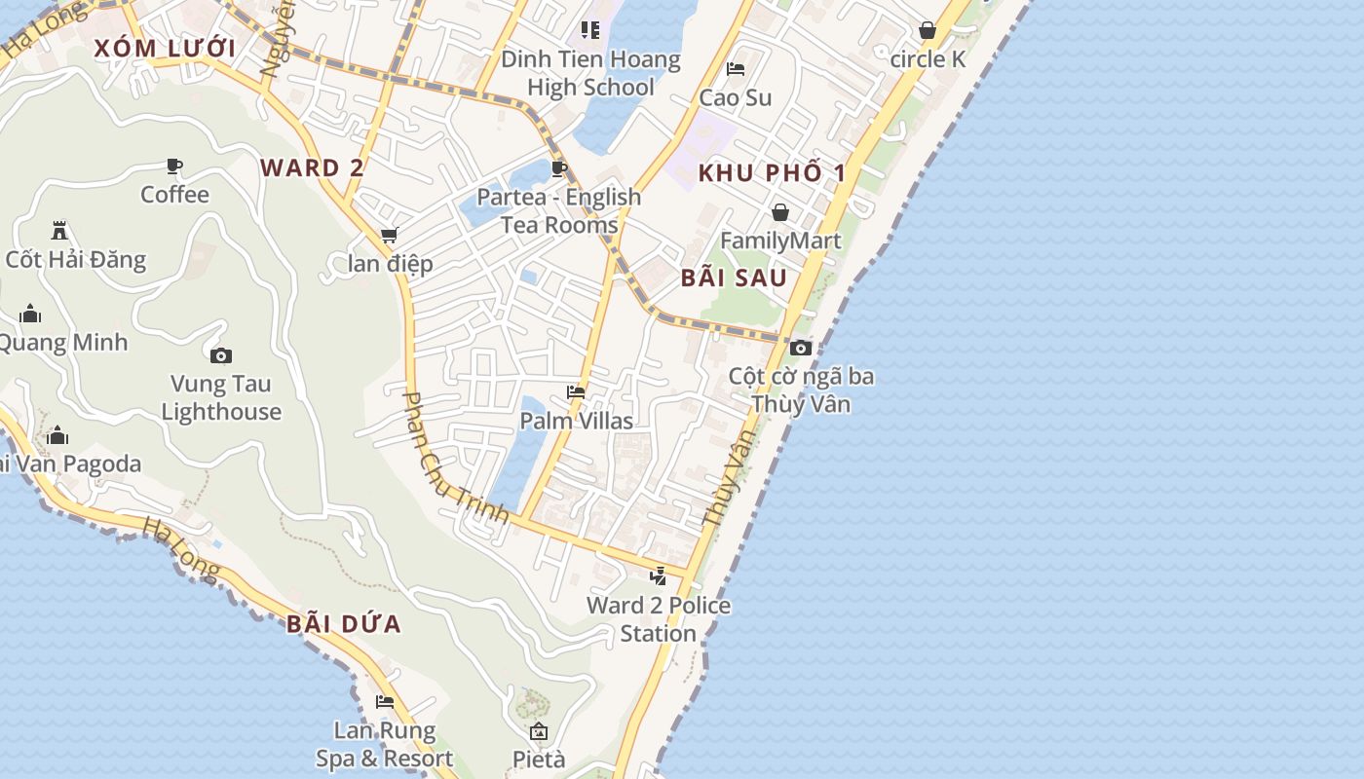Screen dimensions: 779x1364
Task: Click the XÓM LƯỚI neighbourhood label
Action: coord(165,48)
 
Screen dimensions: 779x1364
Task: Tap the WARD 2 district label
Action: coord(312,167)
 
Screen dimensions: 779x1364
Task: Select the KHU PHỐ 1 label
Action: coord(772,173)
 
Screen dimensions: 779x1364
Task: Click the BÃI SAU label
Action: coord(734,278)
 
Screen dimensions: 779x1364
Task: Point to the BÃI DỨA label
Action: coord(344,624)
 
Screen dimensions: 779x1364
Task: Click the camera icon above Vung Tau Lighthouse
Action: coord(221,355)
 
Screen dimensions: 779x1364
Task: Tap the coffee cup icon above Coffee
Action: coord(174,167)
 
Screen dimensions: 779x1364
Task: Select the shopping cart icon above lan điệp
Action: coord(390,236)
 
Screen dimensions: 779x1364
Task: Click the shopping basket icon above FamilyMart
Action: coord(780,212)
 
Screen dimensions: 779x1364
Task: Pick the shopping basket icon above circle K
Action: coord(928,31)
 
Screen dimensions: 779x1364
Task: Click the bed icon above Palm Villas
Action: coord(576,392)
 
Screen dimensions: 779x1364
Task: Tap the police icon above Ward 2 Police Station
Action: coord(659,575)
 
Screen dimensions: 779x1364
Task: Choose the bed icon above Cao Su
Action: coord(736,69)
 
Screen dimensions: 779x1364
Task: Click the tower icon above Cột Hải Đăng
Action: coord(59,231)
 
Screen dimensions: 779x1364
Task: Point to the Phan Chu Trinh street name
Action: coord(456,458)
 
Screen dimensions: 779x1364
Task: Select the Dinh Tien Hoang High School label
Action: coord(590,73)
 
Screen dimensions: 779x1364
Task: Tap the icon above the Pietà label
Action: coord(539,731)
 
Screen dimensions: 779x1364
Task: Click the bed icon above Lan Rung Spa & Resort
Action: coord(385,702)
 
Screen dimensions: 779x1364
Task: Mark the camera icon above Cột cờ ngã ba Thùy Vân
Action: coord(801,348)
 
